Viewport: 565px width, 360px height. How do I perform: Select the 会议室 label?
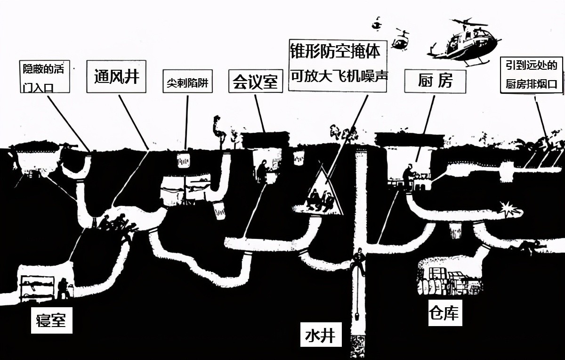click(x=255, y=81)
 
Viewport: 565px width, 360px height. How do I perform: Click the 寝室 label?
click(x=52, y=320)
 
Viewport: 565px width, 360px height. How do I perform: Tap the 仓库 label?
click(x=443, y=313)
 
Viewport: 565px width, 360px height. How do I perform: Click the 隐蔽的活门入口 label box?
click(x=46, y=77)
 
